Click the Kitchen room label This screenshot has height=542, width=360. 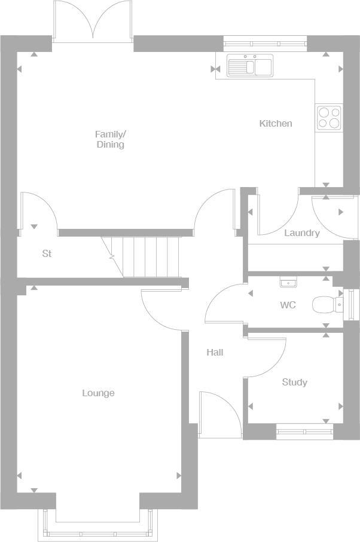pyautogui.click(x=276, y=124)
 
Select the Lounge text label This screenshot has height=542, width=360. pyautogui.click(x=98, y=393)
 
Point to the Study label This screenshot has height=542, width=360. pyautogui.click(x=294, y=382)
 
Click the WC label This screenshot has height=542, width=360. pyautogui.click(x=288, y=305)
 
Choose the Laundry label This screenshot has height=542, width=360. pyautogui.click(x=301, y=233)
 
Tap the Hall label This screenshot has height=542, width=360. pyautogui.click(x=215, y=353)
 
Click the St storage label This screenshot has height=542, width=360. pyautogui.click(x=47, y=254)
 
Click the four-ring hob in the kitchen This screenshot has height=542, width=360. pyautogui.click(x=328, y=117)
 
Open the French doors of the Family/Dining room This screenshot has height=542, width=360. pyautogui.click(x=93, y=24)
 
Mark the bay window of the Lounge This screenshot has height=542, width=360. pyautogui.click(x=97, y=526)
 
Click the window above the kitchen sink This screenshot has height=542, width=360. pyautogui.click(x=265, y=42)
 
